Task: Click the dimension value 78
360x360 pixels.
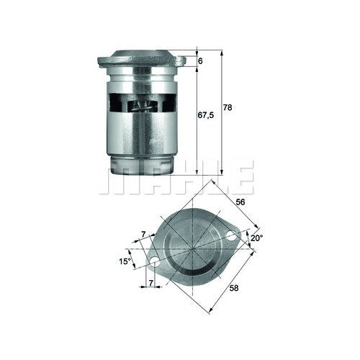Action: click(x=228, y=107)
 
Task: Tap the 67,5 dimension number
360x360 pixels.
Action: click(x=206, y=115)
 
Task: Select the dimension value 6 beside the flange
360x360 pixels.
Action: click(x=200, y=61)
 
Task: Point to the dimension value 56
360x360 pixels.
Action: click(x=240, y=202)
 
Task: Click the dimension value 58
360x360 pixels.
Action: click(x=234, y=288)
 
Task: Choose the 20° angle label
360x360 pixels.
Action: click(x=257, y=238)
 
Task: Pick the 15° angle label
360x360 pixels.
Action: click(x=125, y=261)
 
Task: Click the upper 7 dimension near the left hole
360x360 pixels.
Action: click(x=143, y=235)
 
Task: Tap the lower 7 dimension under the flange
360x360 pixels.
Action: click(x=150, y=283)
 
